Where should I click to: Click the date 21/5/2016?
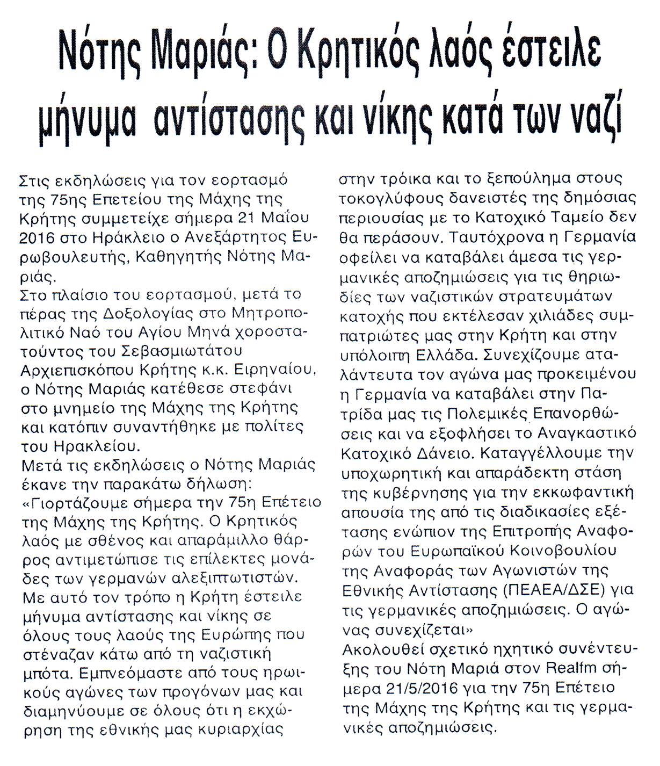tap(428, 688)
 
